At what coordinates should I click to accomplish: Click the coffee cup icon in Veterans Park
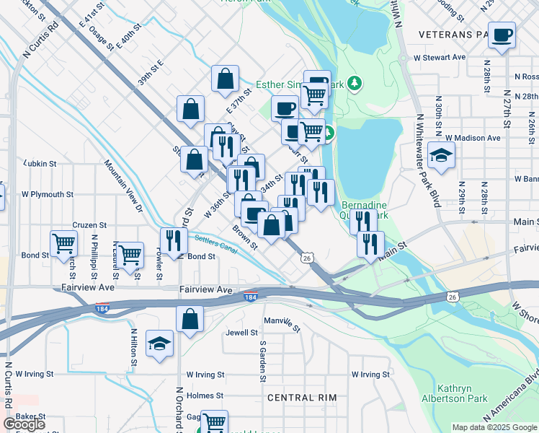(x=502, y=34)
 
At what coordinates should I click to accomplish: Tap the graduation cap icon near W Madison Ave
(x=442, y=154)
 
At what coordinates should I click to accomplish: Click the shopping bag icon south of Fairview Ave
(x=189, y=319)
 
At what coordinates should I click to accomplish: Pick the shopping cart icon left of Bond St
(x=64, y=243)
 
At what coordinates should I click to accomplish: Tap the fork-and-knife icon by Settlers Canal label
(x=174, y=240)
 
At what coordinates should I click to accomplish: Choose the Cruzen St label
(x=89, y=225)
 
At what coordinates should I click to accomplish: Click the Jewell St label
(x=241, y=333)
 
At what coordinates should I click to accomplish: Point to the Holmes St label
(x=205, y=395)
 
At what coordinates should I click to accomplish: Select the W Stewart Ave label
(x=439, y=57)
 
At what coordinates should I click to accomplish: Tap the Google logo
(x=24, y=424)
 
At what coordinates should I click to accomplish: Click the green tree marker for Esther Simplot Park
(x=354, y=84)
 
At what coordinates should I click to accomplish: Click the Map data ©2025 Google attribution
(x=494, y=427)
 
